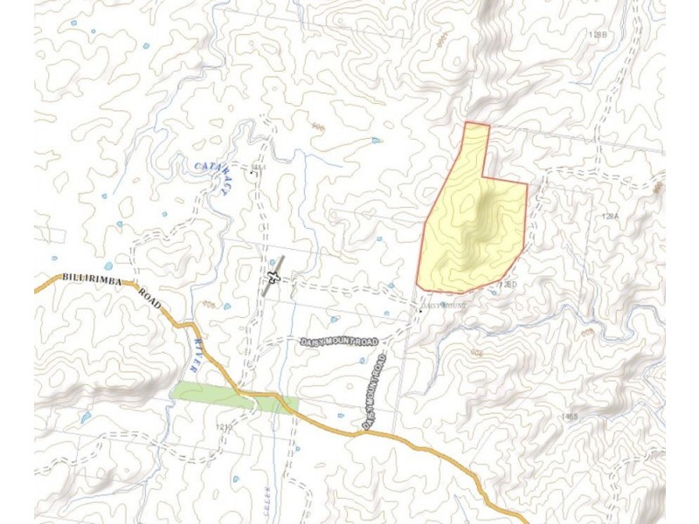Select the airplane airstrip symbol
coord(273,278)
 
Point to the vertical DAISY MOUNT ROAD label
coord(375,390)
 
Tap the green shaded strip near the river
coord(210,395)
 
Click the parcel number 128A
coord(609,215)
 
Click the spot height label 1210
coord(220,427)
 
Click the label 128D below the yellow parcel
coord(509,285)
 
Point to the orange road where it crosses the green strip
coord(253,402)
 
